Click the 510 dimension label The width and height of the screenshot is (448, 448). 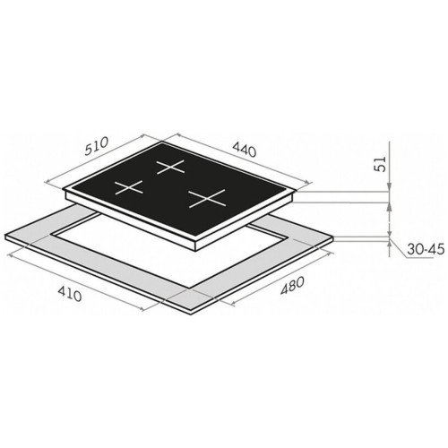click(x=96, y=146)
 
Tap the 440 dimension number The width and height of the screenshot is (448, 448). click(x=245, y=149)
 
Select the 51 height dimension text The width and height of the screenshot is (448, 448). click(x=380, y=164)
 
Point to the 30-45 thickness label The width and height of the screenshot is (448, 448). click(x=426, y=249)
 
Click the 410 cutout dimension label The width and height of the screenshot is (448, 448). click(x=69, y=293)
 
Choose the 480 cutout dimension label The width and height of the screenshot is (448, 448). click(x=292, y=286)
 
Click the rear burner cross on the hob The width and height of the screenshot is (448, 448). click(x=170, y=167)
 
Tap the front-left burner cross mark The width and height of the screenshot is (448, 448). click(x=129, y=187)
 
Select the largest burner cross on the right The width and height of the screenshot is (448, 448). click(x=207, y=198)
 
